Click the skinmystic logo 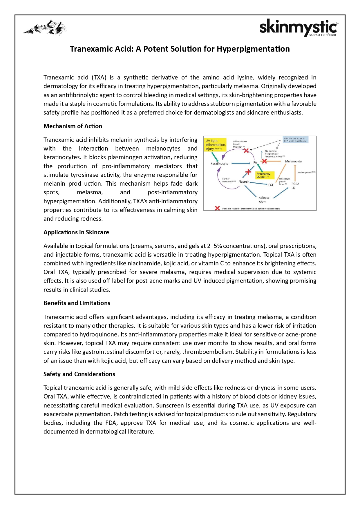point(298,28)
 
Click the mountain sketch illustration point(45,28)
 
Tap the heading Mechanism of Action point(73,126)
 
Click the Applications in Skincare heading point(76,232)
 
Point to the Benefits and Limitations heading point(77,303)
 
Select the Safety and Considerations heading point(79,374)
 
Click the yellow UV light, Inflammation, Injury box point(215,145)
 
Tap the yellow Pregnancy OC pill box point(263,175)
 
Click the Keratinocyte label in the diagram point(219,164)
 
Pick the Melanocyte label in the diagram point(293,161)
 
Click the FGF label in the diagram point(271,185)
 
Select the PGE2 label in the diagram point(295,184)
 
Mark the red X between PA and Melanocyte point(264,161)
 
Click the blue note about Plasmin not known point(295,140)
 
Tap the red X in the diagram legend point(217,208)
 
